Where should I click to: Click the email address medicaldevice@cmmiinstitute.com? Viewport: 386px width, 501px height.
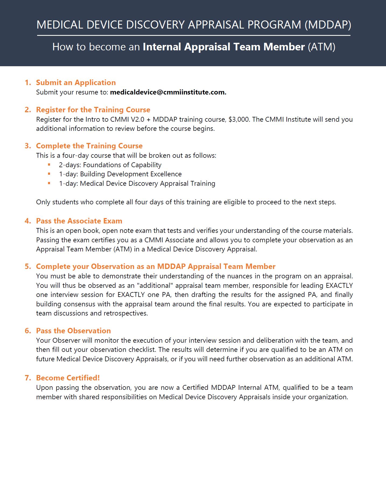[x=168, y=92]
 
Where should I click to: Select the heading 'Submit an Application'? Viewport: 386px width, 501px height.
[x=76, y=83]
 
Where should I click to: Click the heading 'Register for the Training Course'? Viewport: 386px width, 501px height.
[x=93, y=110]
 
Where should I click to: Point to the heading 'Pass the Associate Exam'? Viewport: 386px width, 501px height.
[x=79, y=221]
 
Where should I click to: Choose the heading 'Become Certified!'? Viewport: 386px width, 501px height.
[x=68, y=378]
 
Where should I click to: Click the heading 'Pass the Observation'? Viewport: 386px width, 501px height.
[x=73, y=331]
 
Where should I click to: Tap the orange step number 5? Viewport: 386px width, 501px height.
[x=28, y=267]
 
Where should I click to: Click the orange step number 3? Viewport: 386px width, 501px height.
[x=28, y=146]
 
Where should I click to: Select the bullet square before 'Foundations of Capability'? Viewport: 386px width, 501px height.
[x=49, y=164]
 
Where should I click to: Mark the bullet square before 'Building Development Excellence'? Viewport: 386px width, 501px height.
[x=49, y=174]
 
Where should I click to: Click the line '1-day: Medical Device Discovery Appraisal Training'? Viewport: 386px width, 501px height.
[x=137, y=184]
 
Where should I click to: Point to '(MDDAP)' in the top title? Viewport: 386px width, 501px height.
[x=328, y=25]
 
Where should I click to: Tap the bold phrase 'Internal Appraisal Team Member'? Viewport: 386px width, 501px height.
[x=224, y=47]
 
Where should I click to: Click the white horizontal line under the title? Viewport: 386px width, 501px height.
[x=194, y=35]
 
